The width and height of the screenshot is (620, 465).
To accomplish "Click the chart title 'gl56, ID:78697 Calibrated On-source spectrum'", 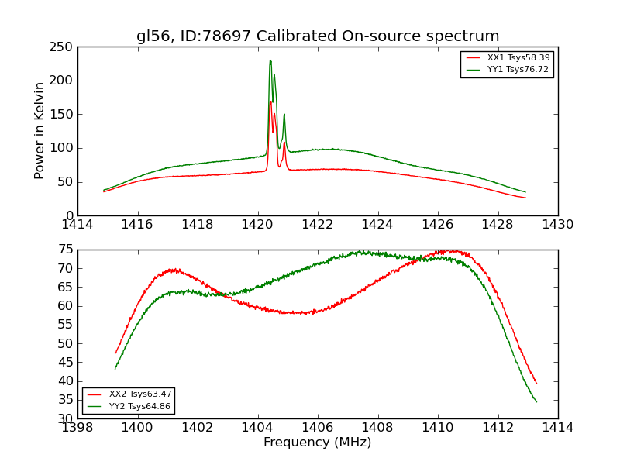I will (x=318, y=36).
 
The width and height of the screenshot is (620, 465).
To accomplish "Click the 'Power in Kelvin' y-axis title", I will (x=40, y=131).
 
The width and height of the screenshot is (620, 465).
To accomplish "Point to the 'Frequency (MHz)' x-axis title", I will (x=318, y=443).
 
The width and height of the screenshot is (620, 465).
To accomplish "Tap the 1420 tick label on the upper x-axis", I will (x=258, y=225).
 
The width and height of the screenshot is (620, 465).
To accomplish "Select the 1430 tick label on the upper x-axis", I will (x=558, y=225).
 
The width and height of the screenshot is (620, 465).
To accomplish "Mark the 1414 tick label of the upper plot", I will (x=78, y=225).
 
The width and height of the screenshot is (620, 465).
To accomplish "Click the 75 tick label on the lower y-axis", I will (x=65, y=250).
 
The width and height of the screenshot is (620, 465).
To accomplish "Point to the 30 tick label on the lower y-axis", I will (x=65, y=418).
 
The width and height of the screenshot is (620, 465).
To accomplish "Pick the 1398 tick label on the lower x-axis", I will (x=78, y=428).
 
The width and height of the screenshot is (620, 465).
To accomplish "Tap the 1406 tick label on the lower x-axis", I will (x=318, y=428).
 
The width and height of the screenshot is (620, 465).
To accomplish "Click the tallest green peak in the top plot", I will (x=270, y=60).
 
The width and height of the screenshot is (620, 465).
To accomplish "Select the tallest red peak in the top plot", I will (x=270, y=102).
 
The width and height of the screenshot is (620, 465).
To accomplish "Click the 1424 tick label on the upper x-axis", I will (x=378, y=225).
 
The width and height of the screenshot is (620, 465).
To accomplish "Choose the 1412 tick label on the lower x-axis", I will (x=498, y=428).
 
